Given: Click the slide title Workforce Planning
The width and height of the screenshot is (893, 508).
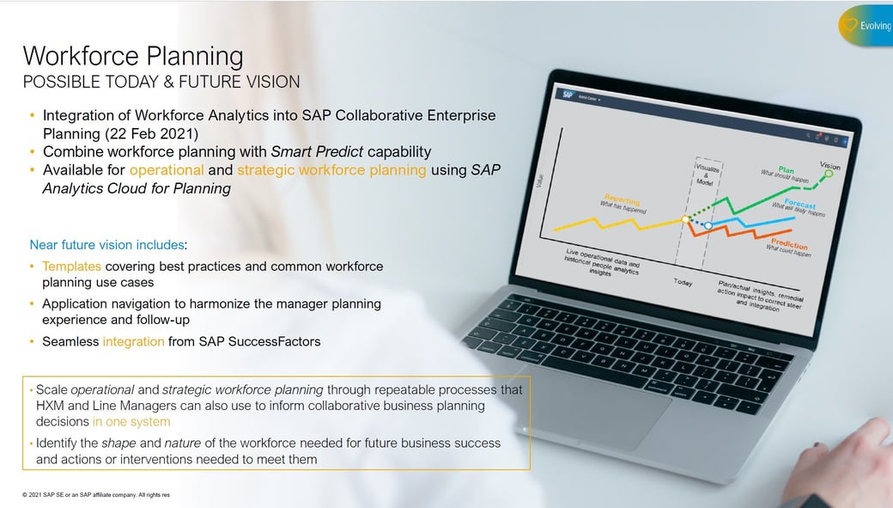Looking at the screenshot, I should [x=133, y=56].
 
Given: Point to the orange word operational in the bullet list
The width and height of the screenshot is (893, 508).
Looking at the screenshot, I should [x=167, y=170].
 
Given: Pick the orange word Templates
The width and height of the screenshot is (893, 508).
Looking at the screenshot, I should [x=71, y=266].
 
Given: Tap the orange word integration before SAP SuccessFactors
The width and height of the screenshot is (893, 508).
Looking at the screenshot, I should [x=133, y=341].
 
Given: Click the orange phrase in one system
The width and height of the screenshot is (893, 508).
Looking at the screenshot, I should [x=131, y=422].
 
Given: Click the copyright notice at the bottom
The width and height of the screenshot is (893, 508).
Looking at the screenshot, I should [x=95, y=496].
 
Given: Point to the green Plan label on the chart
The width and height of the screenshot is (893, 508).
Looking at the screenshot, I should [x=786, y=168].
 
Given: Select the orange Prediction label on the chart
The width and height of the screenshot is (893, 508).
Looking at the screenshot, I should [x=788, y=243].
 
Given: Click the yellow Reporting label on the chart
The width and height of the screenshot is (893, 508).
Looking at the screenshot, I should [x=622, y=200].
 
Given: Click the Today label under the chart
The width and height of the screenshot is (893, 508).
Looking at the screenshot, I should [x=683, y=282].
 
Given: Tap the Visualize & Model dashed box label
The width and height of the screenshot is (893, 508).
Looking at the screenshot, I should [x=705, y=171].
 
